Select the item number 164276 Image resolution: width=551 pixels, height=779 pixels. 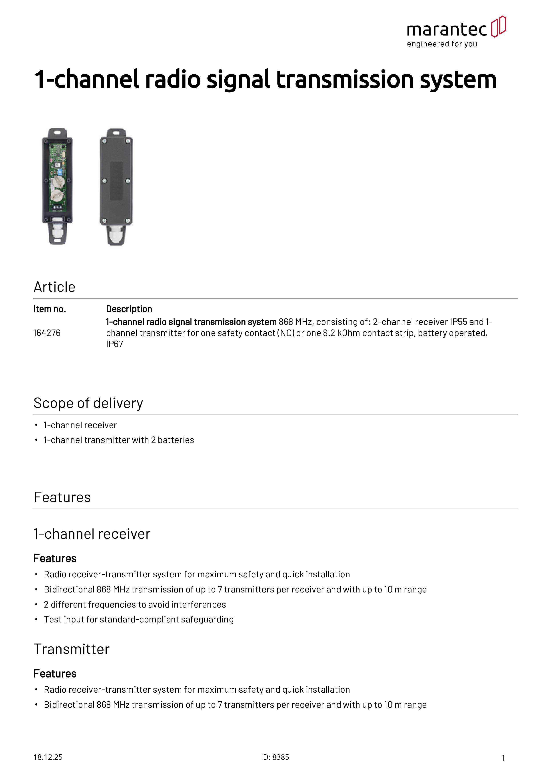[x=47, y=333]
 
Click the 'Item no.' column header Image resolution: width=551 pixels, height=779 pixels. [x=50, y=309]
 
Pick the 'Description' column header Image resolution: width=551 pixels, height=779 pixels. [x=129, y=309]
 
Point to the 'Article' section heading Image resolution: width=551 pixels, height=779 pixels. [x=54, y=287]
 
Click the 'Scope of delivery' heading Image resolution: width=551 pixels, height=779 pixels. [x=88, y=403]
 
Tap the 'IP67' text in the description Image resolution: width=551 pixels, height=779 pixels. [x=114, y=344]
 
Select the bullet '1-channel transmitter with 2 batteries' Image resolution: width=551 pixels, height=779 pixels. [x=119, y=440]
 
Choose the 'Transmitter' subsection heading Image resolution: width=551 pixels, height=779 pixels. [x=72, y=649]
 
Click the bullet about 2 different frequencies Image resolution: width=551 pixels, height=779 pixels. [x=135, y=605]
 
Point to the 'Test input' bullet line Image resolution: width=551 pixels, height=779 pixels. [x=138, y=620]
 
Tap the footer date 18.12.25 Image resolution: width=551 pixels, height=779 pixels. [x=48, y=757]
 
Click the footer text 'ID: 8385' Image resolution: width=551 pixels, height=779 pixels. [x=275, y=757]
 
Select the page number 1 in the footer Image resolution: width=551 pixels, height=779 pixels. [x=503, y=758]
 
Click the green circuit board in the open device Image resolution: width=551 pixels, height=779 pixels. [x=57, y=176]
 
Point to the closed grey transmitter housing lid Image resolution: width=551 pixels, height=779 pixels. [x=116, y=180]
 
